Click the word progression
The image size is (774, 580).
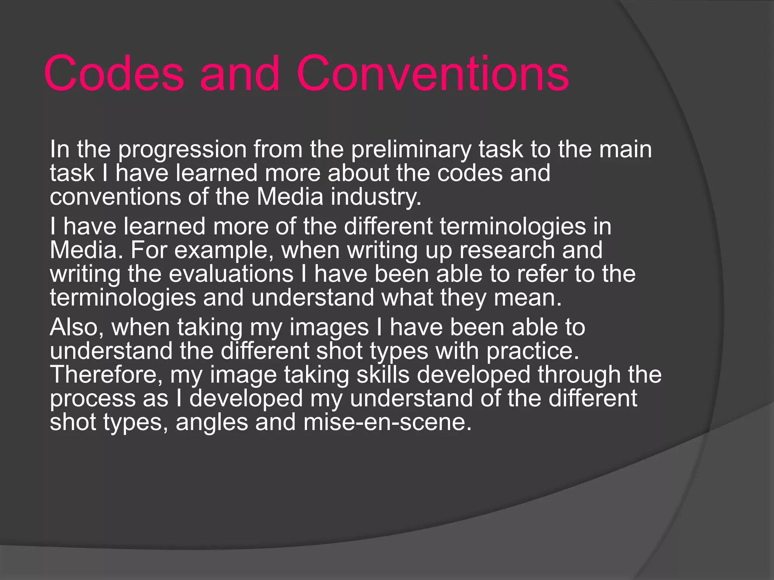click(183, 150)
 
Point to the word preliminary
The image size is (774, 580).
click(411, 150)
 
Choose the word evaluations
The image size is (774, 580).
click(231, 274)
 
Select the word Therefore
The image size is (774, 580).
click(107, 375)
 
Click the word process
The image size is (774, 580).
click(93, 399)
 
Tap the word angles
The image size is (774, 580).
click(212, 422)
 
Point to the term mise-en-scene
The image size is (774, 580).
click(387, 422)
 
